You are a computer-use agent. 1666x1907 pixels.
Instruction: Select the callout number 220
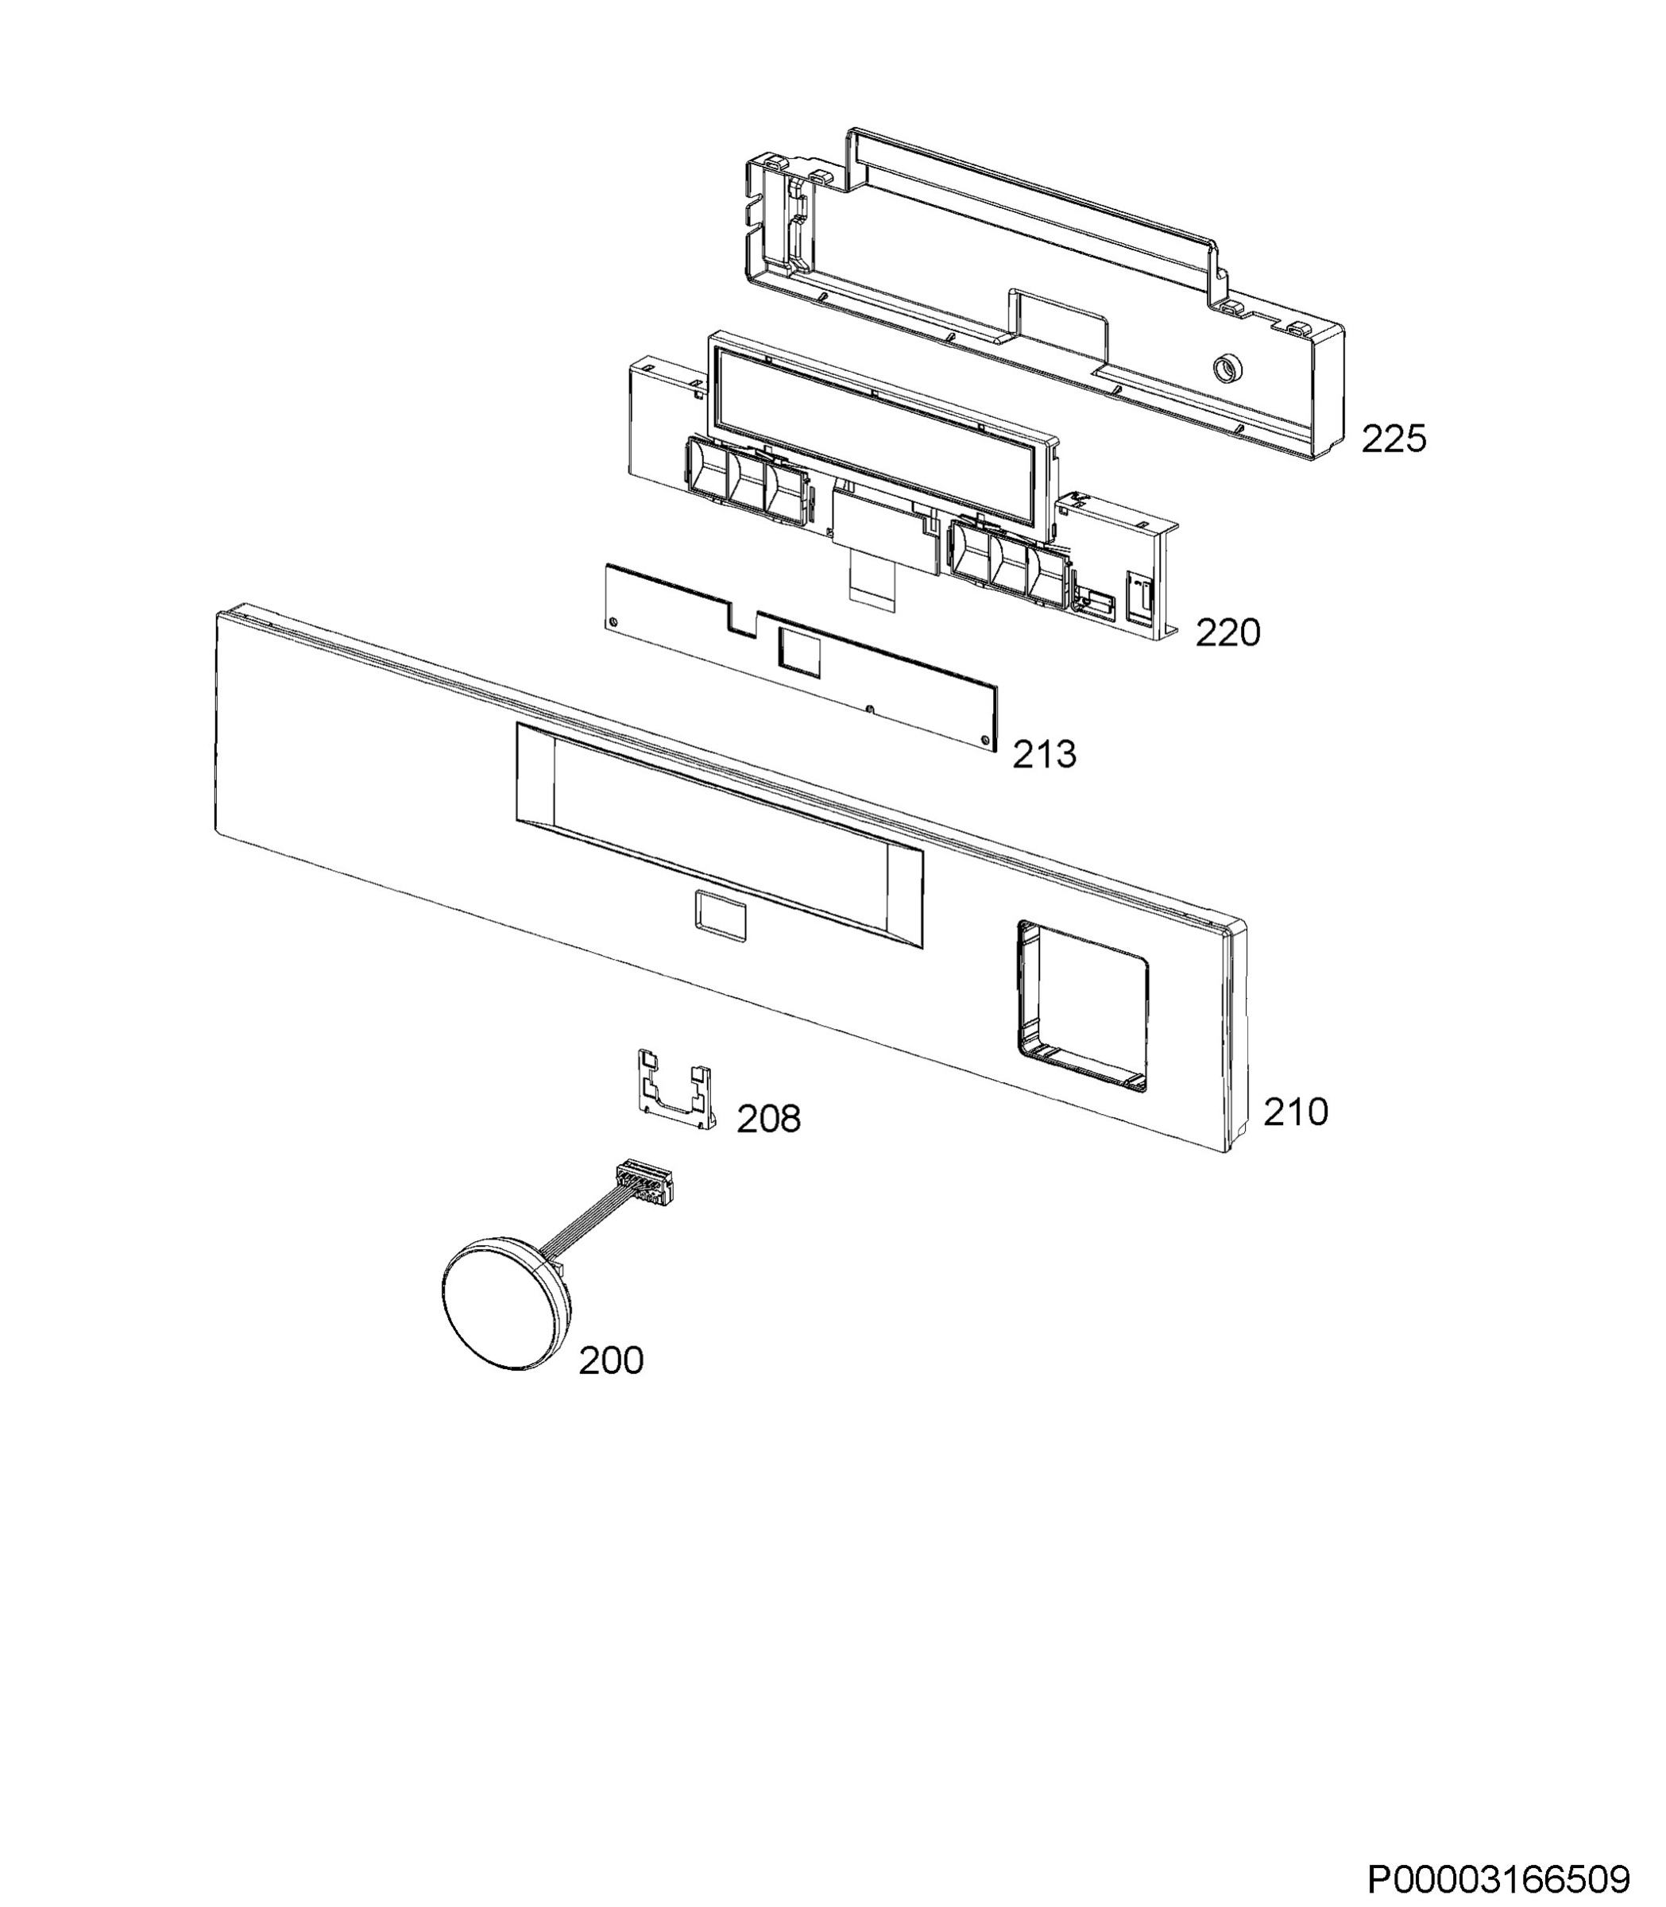coord(1227,633)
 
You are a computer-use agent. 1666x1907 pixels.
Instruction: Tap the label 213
coord(1044,754)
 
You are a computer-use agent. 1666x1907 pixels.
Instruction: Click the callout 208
coord(768,1120)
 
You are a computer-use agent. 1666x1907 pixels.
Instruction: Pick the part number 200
coord(611,1360)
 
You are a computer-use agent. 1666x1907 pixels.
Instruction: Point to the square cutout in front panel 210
coord(1083,1006)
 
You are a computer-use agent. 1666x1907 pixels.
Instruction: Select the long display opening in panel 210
coord(720,836)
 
